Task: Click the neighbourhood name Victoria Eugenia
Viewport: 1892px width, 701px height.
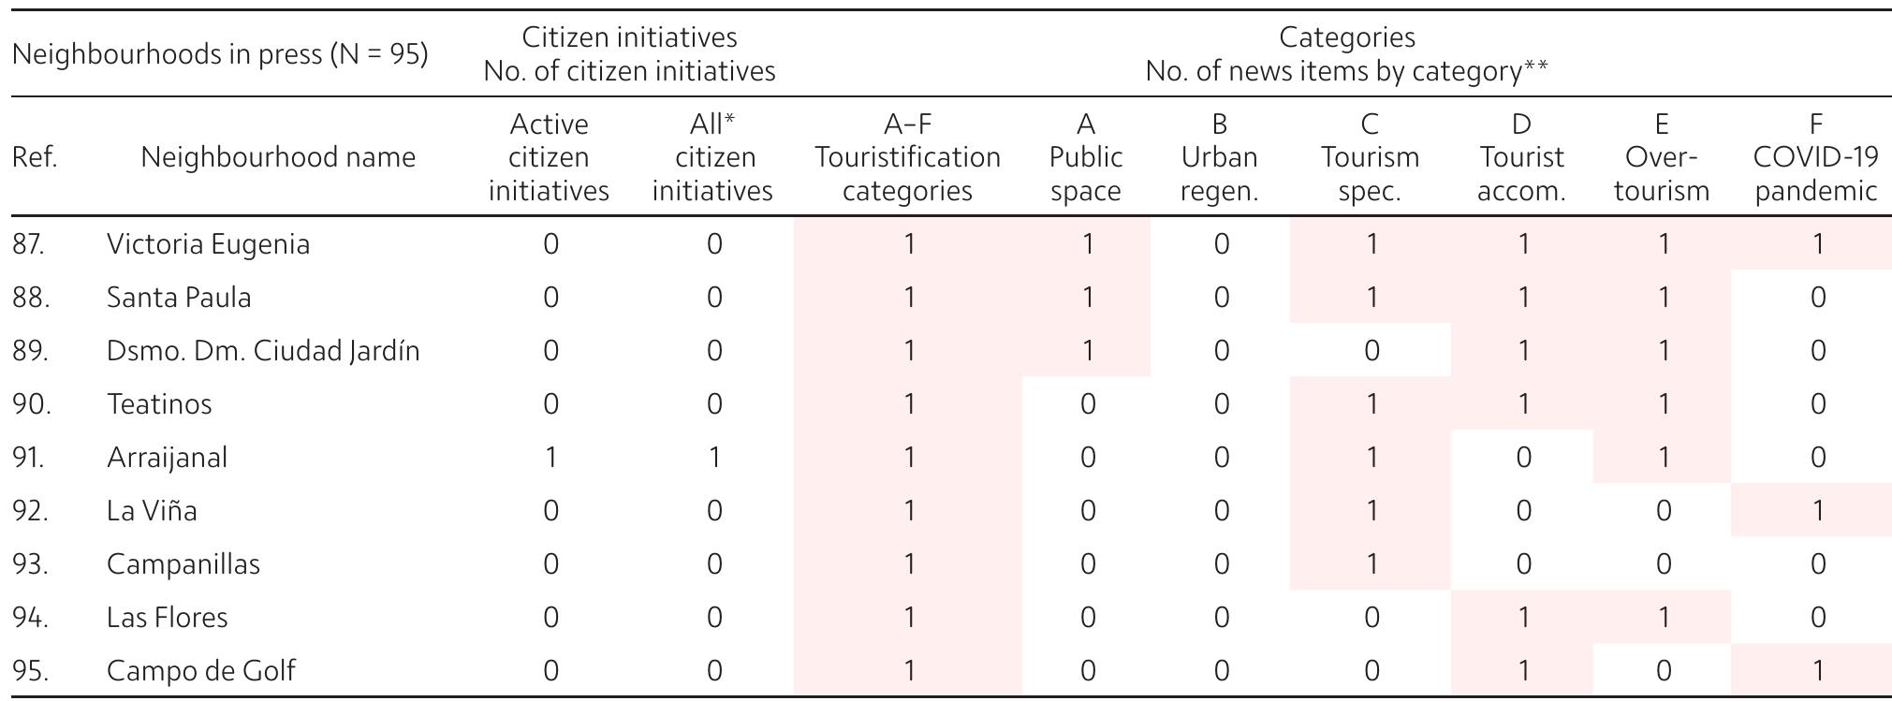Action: coord(208,244)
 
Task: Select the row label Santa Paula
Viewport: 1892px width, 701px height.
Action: coord(179,298)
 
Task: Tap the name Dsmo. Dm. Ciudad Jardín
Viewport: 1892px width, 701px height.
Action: coord(263,351)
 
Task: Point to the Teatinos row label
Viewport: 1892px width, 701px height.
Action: coord(159,404)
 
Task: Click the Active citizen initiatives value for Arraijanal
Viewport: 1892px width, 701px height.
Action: coord(550,458)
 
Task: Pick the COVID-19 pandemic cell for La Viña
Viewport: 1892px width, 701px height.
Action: coord(1817,511)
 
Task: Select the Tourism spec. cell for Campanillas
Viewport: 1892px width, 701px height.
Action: coord(1371,564)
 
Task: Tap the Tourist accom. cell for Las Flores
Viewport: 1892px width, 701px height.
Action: coord(1523,618)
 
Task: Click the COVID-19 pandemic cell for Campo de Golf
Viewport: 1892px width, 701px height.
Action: coord(1817,671)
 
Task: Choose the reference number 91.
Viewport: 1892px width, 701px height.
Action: coord(28,458)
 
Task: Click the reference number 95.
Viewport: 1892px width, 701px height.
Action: coord(28,671)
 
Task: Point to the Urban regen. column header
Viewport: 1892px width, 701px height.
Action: coord(1219,157)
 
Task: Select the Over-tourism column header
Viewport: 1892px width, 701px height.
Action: coord(1662,157)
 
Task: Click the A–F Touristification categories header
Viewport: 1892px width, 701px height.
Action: coord(907,157)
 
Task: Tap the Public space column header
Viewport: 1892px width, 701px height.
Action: coord(1086,157)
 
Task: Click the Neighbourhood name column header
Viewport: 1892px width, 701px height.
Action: coord(278,157)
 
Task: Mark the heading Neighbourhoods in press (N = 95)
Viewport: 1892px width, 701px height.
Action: coord(220,54)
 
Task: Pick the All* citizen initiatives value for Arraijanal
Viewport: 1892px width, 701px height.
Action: coord(713,458)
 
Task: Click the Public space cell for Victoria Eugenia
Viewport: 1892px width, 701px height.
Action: coord(1087,244)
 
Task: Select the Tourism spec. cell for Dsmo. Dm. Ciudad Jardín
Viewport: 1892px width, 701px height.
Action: coord(1371,351)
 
